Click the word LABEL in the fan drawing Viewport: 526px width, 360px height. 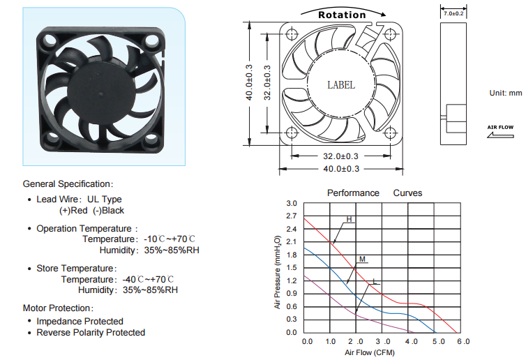tap(341, 85)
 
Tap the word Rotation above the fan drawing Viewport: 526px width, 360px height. tap(342, 15)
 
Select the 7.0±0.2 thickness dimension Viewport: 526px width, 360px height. tap(453, 13)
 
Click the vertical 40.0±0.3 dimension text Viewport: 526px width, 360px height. tap(249, 82)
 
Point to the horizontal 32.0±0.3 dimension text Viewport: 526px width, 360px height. tap(340, 156)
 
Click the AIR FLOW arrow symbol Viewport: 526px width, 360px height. tap(500, 135)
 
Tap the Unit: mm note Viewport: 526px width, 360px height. tap(506, 93)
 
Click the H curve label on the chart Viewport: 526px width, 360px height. tap(350, 220)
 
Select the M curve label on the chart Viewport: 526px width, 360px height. tap(362, 259)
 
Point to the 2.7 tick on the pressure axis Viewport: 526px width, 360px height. tap(292, 216)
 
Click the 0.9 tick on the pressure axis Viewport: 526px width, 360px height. tap(292, 294)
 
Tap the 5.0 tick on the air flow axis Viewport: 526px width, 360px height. tap(438, 342)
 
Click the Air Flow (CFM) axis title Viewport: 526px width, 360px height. tap(370, 352)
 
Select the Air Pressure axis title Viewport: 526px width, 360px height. tap(278, 272)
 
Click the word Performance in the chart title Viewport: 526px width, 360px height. tap(353, 193)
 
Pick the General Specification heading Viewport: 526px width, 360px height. tap(68, 184)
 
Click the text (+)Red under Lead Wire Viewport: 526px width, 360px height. tap(73, 211)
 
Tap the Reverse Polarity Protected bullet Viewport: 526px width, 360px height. tap(91, 333)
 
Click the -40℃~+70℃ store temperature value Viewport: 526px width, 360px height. tap(148, 280)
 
